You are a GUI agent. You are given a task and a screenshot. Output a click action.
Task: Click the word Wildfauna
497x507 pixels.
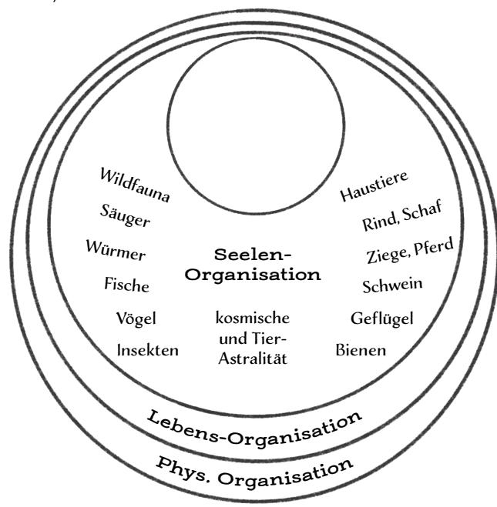coord(135,185)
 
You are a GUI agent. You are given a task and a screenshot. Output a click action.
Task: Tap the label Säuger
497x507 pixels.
coord(125,215)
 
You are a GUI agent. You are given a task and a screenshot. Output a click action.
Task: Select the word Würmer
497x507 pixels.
coord(116,250)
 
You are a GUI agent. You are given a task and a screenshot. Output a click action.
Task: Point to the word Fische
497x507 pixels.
coord(126,285)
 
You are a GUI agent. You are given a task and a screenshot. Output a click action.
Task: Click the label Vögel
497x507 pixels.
coord(136,319)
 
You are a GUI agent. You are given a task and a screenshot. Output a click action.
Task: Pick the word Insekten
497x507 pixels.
coord(148,350)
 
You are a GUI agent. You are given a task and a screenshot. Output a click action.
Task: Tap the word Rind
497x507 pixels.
coord(379,222)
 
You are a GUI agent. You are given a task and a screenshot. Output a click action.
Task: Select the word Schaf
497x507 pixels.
coord(422,211)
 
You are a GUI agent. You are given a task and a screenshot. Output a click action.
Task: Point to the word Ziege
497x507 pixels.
coord(386,255)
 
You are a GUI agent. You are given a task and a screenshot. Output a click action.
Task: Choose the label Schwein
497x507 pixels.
coord(392,285)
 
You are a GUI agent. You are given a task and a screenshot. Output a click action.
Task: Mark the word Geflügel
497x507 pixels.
coord(382,319)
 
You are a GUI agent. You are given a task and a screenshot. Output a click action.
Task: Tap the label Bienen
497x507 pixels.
coord(361,350)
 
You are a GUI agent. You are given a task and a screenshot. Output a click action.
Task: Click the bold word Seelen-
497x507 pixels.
coord(253,255)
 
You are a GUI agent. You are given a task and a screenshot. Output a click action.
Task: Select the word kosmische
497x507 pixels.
coord(253,319)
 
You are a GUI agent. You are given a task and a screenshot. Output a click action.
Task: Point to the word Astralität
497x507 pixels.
coord(253,359)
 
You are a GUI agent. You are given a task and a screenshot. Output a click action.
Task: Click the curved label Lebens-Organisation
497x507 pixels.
coord(254,430)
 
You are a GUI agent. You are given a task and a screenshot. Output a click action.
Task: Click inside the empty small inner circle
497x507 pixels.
coord(256,125)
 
